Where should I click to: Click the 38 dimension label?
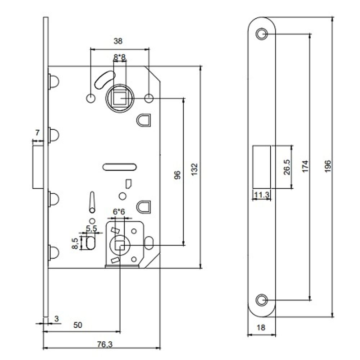point(118,41)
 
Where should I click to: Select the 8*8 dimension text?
point(119,57)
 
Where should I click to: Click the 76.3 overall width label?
point(105,344)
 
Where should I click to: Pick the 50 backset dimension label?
point(78,325)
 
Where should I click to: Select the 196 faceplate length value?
point(328,166)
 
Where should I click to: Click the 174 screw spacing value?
point(305,166)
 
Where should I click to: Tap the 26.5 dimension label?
point(286,166)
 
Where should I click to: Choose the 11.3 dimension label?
point(261,195)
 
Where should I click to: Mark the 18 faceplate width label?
point(261,327)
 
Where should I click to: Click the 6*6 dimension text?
point(118,212)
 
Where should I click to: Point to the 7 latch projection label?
point(37,132)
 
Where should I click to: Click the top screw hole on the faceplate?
point(262,34)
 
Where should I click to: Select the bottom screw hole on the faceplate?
point(262,300)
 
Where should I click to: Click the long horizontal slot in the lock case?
point(120,166)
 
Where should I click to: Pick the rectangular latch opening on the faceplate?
point(261,166)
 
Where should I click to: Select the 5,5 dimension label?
point(91,228)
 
